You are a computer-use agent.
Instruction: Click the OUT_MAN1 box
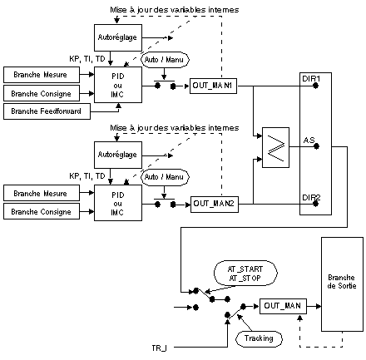click(x=213, y=86)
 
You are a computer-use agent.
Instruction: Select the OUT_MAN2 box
click(x=215, y=205)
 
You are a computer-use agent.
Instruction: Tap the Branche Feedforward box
click(x=47, y=111)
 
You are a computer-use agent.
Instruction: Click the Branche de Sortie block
click(x=342, y=284)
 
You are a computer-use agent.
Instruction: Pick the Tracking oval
click(x=259, y=338)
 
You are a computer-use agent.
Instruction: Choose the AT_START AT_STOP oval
click(x=245, y=274)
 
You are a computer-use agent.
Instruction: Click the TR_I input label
click(x=159, y=348)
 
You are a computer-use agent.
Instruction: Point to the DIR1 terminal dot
click(x=315, y=86)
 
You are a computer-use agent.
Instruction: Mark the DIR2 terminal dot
click(x=315, y=204)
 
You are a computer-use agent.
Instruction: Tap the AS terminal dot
click(x=316, y=146)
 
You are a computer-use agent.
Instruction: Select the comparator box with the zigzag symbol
click(x=275, y=147)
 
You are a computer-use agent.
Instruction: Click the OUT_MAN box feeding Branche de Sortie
click(x=283, y=306)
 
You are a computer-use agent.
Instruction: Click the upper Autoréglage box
click(x=118, y=37)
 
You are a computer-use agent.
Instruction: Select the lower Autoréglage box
click(x=118, y=155)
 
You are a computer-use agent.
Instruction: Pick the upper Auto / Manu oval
click(x=165, y=60)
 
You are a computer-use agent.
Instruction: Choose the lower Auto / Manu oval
click(x=165, y=177)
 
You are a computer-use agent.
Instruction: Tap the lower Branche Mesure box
click(x=42, y=193)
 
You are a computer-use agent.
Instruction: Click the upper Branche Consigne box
click(x=42, y=93)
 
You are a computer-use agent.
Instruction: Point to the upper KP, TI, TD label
click(x=87, y=59)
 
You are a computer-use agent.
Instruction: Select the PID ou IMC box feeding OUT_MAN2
click(x=118, y=203)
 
